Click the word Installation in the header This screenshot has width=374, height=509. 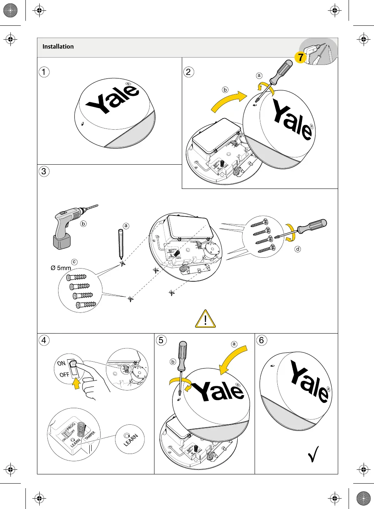click(58, 47)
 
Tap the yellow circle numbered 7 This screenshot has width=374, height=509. click(300, 58)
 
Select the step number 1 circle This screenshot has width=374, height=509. click(44, 72)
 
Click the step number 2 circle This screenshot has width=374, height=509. click(188, 72)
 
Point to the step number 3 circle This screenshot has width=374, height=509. click(44, 171)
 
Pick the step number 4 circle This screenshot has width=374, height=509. click(44, 340)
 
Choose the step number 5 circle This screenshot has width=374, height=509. click(161, 340)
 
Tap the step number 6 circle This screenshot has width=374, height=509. click(262, 340)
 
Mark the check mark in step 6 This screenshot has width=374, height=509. click(314, 454)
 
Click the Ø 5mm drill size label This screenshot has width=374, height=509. click(61, 268)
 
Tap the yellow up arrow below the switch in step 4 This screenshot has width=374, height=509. click(77, 383)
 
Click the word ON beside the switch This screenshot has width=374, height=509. click(61, 363)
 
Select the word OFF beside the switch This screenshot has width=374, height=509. click(64, 374)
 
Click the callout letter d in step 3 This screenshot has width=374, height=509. click(298, 249)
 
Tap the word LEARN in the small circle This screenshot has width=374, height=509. click(131, 440)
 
